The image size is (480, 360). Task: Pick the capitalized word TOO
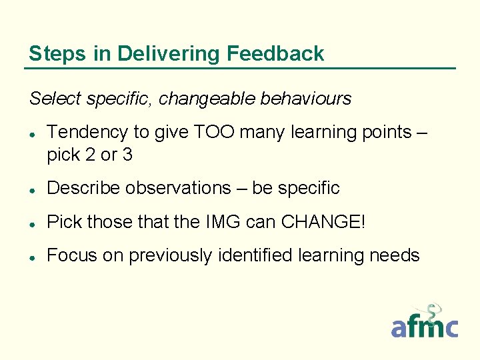215,132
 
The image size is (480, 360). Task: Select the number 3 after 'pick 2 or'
127,155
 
